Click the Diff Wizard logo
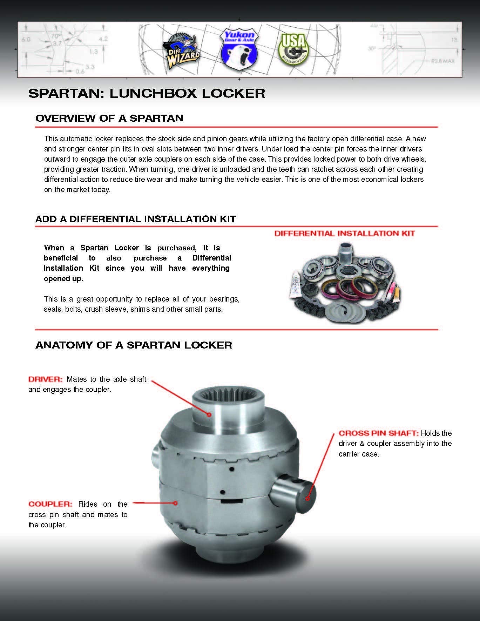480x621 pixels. (181, 48)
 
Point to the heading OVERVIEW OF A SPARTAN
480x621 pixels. (109, 118)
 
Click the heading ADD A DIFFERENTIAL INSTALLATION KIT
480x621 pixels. (136, 219)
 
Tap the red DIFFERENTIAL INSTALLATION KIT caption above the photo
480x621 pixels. (344, 234)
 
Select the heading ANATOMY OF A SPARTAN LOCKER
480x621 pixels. (134, 345)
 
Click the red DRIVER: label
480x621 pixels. (45, 379)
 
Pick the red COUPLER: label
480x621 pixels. (50, 504)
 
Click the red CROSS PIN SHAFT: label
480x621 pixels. (378, 433)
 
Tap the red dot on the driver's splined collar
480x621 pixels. (209, 414)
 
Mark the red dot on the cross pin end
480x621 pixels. (307, 498)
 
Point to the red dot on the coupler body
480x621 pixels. (176, 503)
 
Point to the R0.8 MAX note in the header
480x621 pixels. (443, 61)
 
